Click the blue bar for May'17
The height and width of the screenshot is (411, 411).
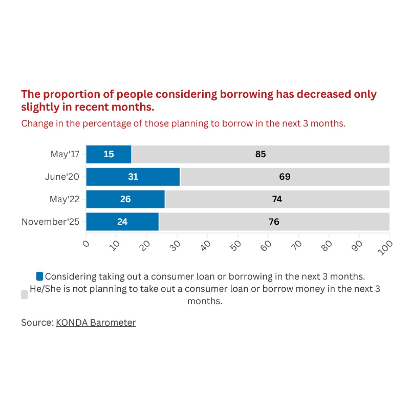click(x=109, y=154)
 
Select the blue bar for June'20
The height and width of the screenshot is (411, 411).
click(x=133, y=177)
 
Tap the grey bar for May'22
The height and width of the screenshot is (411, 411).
click(x=277, y=199)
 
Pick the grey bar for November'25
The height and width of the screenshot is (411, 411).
click(x=274, y=222)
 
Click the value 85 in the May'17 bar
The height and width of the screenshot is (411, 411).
click(x=260, y=154)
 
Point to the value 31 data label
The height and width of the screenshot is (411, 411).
click(x=133, y=177)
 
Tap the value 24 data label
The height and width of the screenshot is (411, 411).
click(x=122, y=222)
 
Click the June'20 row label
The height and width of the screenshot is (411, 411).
click(x=62, y=177)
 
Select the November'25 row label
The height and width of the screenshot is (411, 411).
click(x=50, y=222)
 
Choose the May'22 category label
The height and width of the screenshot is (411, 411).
click(x=64, y=199)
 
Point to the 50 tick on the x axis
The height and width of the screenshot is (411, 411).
click(x=236, y=246)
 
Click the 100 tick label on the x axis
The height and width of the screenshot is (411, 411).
click(x=385, y=248)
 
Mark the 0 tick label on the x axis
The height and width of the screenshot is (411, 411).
click(x=86, y=244)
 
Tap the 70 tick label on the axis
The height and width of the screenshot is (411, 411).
click(x=297, y=246)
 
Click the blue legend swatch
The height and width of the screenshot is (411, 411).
click(x=39, y=276)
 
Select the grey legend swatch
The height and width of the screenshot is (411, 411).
click(x=24, y=295)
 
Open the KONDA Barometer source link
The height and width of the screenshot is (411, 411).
click(x=96, y=323)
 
